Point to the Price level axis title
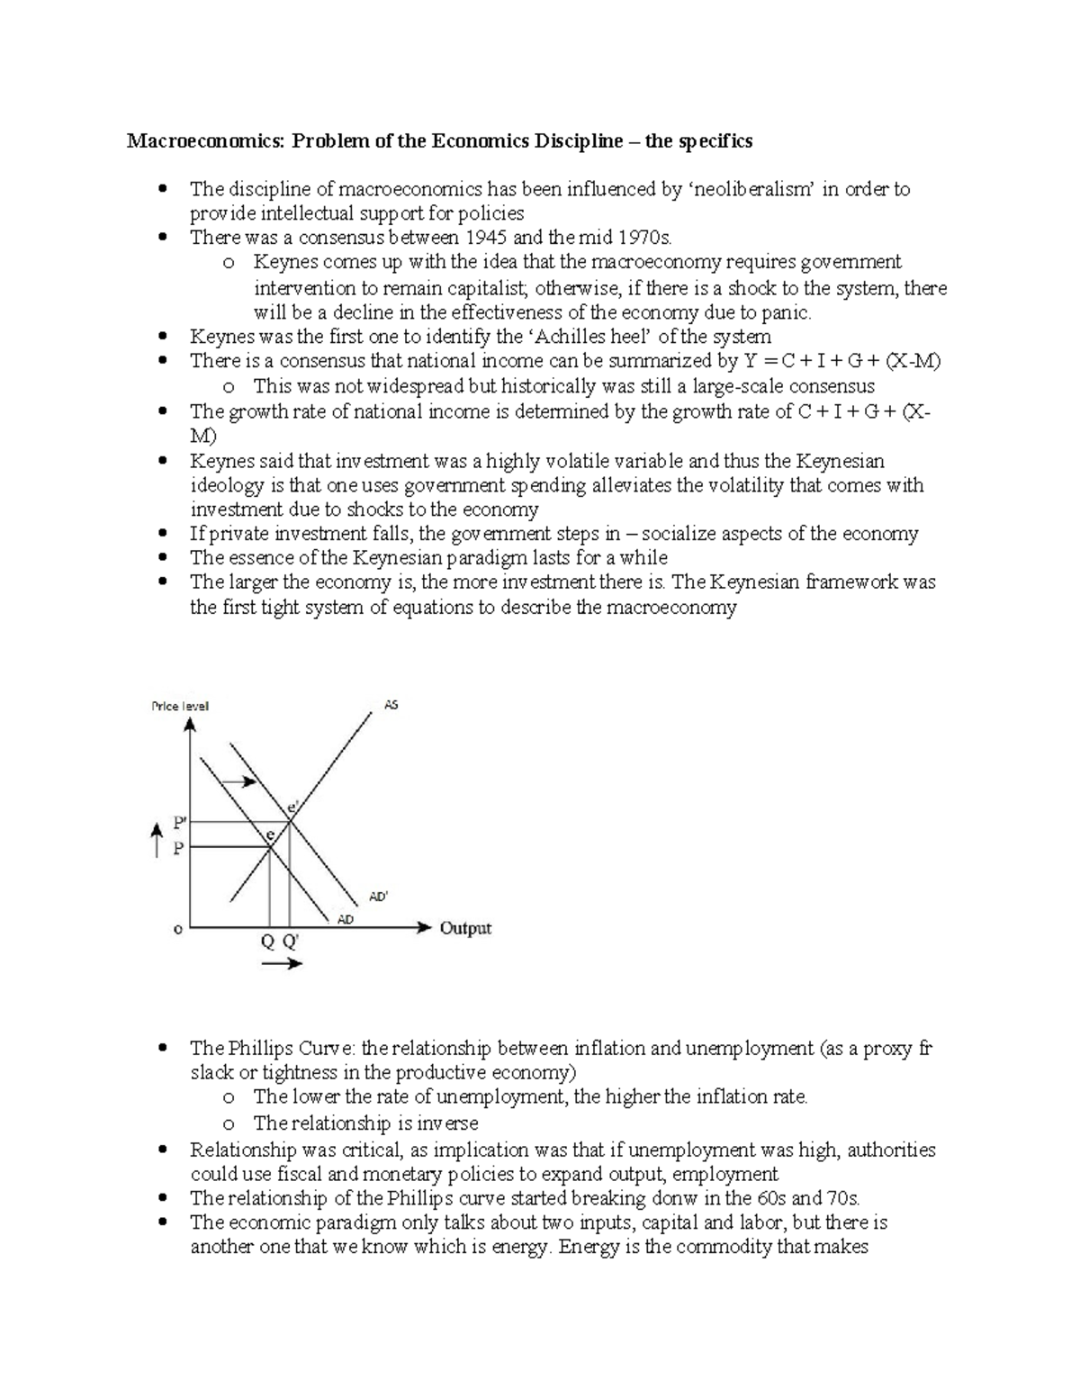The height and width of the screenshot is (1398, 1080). pyautogui.click(x=180, y=706)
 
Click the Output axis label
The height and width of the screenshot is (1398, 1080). pyautogui.click(x=465, y=928)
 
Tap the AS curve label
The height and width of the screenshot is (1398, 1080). pyautogui.click(x=391, y=705)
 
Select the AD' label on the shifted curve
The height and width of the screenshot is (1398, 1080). pyautogui.click(x=379, y=897)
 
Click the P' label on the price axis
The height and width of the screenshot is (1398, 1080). pyautogui.click(x=180, y=822)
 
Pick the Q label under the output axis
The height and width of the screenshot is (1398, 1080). pyautogui.click(x=267, y=943)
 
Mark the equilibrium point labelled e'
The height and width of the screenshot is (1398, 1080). pyautogui.click(x=292, y=807)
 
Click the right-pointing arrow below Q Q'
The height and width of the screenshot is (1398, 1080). pyautogui.click(x=283, y=964)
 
